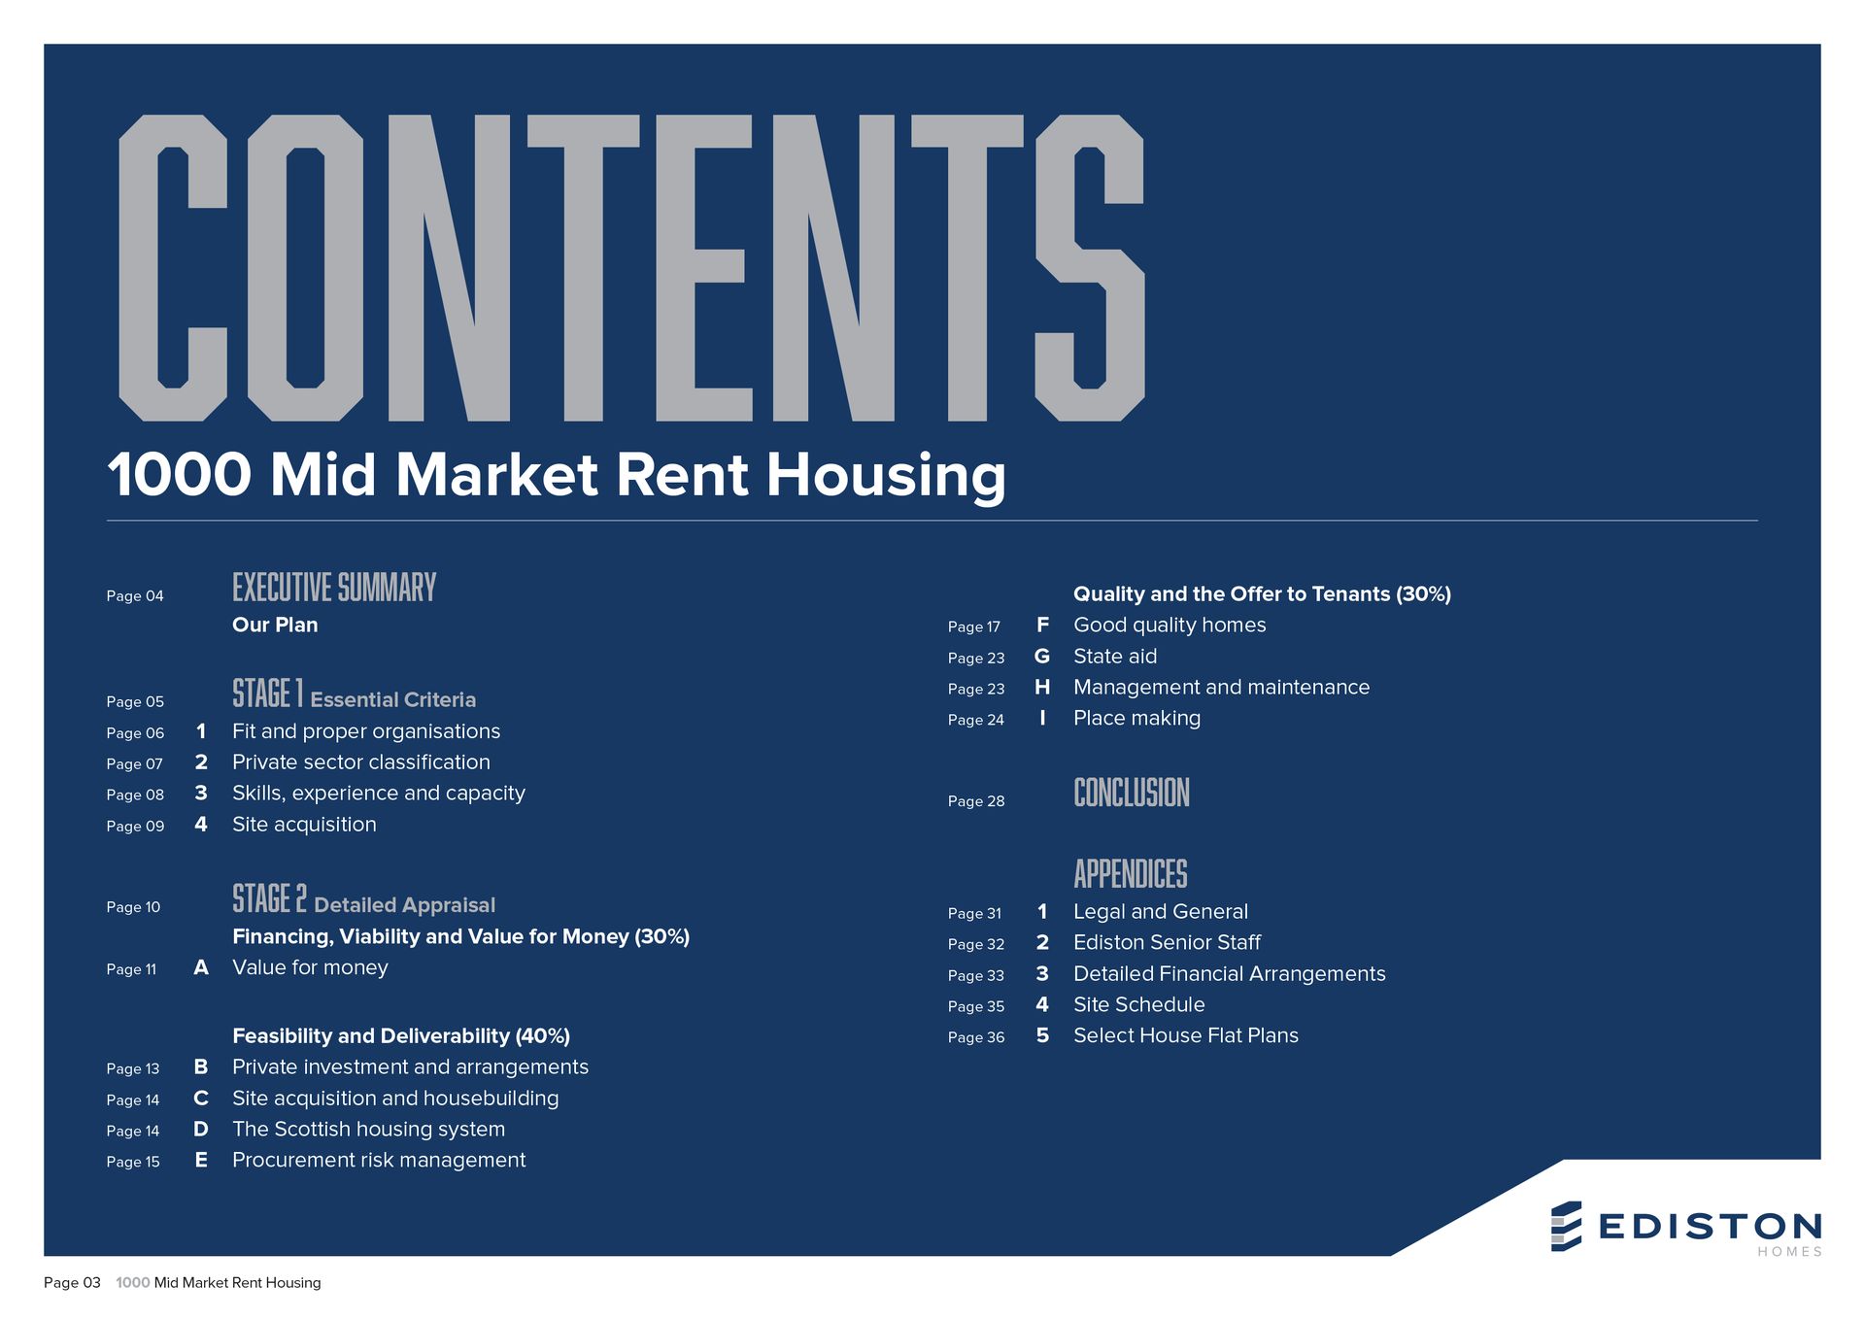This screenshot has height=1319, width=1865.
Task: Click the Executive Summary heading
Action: pyautogui.click(x=334, y=588)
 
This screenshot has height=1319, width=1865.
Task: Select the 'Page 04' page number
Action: pyautogui.click(x=135, y=596)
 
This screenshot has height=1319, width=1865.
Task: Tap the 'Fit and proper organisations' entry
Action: pyautogui.click(x=366, y=731)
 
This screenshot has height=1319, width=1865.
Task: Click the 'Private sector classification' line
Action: pyautogui.click(x=361, y=762)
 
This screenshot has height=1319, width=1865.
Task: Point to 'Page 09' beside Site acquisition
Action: pyautogui.click(x=135, y=827)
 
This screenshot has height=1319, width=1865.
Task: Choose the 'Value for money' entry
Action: pyautogui.click(x=310, y=967)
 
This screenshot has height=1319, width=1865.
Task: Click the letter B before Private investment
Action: pyautogui.click(x=201, y=1067)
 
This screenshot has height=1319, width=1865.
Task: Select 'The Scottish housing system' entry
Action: pyautogui.click(x=369, y=1130)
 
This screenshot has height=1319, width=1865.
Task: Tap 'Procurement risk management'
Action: pyautogui.click(x=379, y=1161)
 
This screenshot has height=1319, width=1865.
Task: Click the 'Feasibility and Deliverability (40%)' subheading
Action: pyautogui.click(x=401, y=1036)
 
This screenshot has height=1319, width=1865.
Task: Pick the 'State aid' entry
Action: pyautogui.click(x=1115, y=657)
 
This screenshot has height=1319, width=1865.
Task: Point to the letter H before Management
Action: pyautogui.click(x=1042, y=688)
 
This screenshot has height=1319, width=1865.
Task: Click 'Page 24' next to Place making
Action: pyautogui.click(x=976, y=720)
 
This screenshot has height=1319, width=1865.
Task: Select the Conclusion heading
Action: pyautogui.click(x=1132, y=793)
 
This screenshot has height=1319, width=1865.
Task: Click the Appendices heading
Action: pyautogui.click(x=1131, y=874)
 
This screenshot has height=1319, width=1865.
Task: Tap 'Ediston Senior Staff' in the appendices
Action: pyautogui.click(x=1167, y=943)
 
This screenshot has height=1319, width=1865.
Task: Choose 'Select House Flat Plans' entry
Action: pyautogui.click(x=1186, y=1036)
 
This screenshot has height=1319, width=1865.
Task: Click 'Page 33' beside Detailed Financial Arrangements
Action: pyautogui.click(x=976, y=976)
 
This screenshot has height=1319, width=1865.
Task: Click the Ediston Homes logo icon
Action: pyautogui.click(x=1566, y=1226)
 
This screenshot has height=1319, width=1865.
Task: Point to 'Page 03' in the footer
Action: pyautogui.click(x=72, y=1283)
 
